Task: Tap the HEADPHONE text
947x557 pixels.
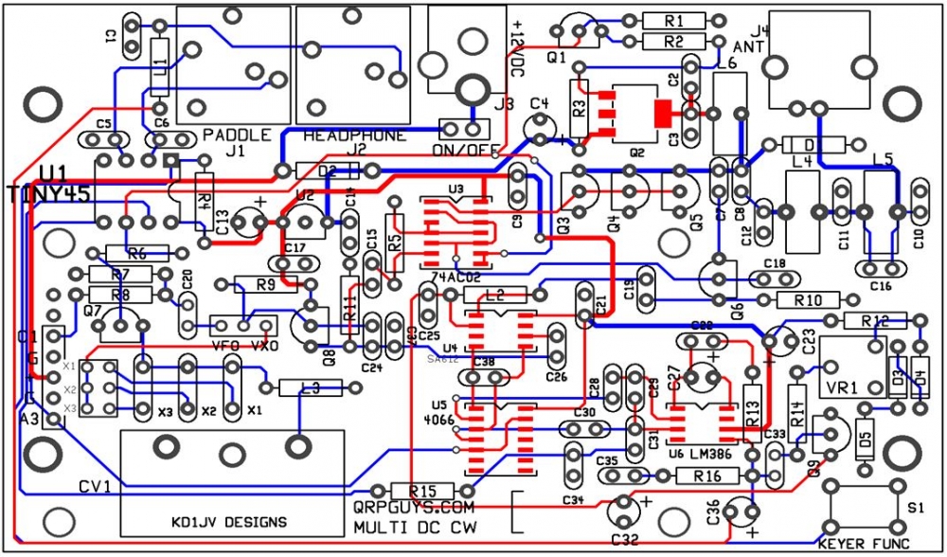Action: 353,135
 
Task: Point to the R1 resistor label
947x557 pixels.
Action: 673,21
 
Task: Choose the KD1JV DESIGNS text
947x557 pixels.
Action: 230,522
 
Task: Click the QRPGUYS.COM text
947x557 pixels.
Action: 412,509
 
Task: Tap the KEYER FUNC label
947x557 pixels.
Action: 863,544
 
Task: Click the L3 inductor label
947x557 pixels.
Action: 308,388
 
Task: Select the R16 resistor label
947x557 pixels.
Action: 702,476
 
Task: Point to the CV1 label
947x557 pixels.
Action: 95,487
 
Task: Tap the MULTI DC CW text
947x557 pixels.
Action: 415,527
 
